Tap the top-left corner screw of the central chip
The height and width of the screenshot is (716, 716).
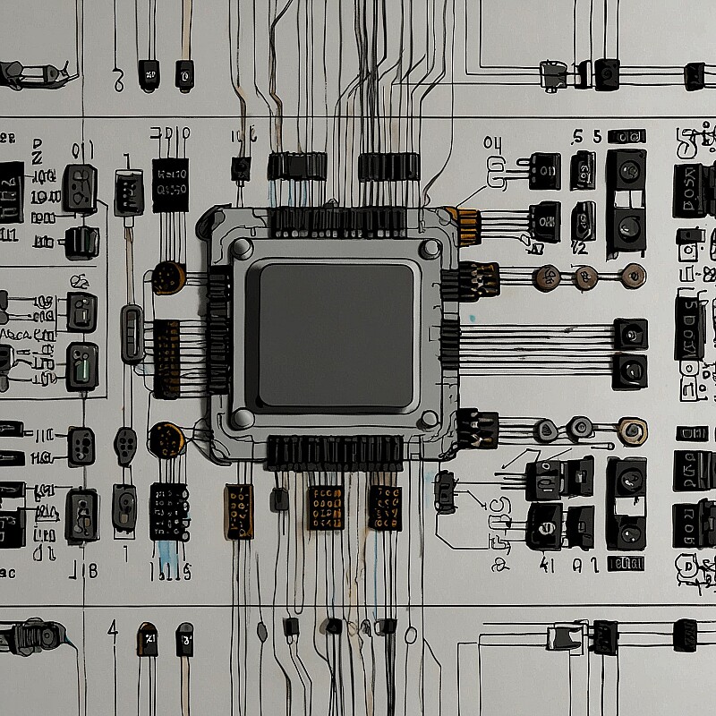[242, 248]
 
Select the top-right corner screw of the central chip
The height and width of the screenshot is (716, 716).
[430, 248]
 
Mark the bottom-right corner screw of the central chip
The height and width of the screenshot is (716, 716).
[430, 418]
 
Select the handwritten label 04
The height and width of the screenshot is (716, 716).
[493, 143]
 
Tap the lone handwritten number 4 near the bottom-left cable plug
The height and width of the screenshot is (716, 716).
[113, 630]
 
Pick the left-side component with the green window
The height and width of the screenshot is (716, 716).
[82, 366]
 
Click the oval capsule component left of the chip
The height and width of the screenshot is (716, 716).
[132, 333]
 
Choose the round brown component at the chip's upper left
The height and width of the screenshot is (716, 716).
[167, 277]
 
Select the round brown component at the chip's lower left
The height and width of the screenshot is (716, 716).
[166, 439]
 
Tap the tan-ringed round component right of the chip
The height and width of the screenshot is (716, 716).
[633, 431]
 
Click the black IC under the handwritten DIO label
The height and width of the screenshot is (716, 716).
[170, 184]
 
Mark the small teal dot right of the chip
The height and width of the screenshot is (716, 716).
[472, 318]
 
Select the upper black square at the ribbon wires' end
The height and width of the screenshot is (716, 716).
[630, 334]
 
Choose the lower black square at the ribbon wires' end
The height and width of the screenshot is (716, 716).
[630, 370]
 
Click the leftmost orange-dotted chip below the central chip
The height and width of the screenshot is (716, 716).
[239, 511]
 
